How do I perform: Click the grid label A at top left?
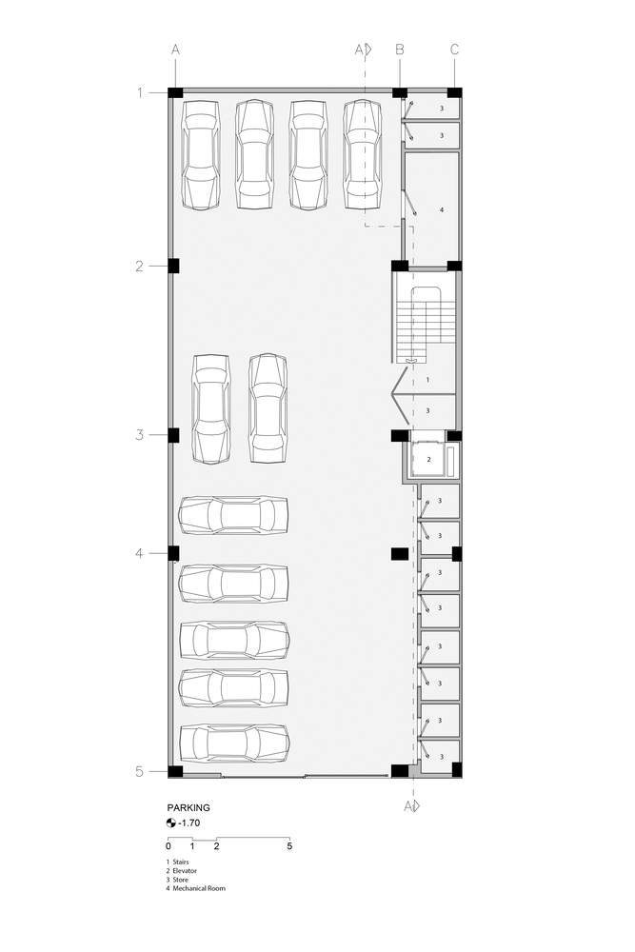click(175, 50)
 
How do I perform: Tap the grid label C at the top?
click(455, 50)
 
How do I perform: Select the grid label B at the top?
click(400, 50)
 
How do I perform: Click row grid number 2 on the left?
click(140, 266)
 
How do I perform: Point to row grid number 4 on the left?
click(140, 553)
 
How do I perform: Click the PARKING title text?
click(189, 807)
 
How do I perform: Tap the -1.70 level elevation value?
click(189, 823)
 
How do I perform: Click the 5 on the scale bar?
click(289, 845)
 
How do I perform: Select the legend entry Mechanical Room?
click(199, 888)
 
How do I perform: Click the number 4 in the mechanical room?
click(442, 209)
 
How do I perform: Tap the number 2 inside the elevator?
click(428, 460)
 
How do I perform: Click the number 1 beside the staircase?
click(428, 380)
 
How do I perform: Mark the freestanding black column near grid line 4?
click(400, 554)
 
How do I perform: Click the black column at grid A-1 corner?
click(175, 93)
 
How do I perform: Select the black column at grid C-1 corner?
click(455, 93)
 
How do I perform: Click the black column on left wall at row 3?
click(173, 435)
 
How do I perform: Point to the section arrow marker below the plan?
click(412, 806)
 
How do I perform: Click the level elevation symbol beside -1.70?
click(171, 823)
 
